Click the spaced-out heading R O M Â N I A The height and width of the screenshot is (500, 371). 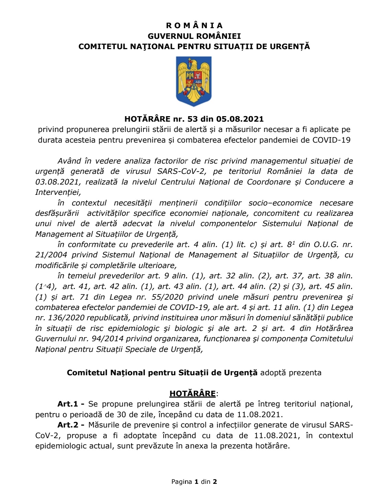[x=194, y=25]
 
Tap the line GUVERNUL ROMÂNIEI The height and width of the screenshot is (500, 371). [x=194, y=36]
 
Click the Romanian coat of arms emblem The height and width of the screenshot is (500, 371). [x=194, y=81]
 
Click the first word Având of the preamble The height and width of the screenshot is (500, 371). [x=69, y=161]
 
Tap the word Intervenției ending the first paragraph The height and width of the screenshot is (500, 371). [x=58, y=192]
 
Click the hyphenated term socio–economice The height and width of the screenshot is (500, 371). [x=280, y=203]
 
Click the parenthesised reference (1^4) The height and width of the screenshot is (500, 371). [x=46, y=287]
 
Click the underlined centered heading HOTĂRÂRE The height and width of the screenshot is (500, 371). [x=192, y=394]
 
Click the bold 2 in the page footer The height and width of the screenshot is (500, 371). [x=215, y=482]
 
